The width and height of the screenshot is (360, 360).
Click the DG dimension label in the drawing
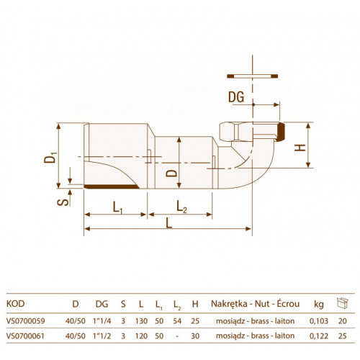236,97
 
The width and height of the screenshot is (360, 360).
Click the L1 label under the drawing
118,207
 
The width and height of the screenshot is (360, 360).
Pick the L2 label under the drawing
181,207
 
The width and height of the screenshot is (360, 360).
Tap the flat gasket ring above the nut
253,76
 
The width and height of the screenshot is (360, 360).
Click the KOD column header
15,304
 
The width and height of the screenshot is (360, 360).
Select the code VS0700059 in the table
26,321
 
